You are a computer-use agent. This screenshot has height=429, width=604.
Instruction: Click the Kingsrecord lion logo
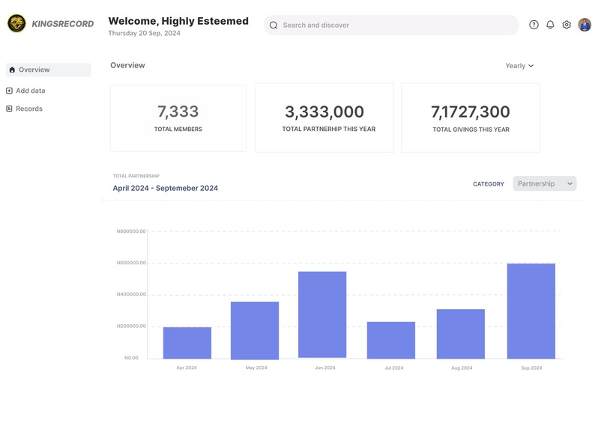coord(16,24)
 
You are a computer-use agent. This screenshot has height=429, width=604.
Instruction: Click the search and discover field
coord(391,25)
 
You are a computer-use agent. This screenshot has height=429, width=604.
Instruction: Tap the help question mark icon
coord(534,25)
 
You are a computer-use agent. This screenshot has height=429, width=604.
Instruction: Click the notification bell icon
coord(550,25)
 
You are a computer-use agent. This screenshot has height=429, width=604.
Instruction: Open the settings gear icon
coord(567,25)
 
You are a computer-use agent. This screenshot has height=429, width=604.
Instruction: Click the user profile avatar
coord(585,25)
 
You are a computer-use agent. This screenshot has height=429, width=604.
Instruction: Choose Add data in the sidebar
coord(30,91)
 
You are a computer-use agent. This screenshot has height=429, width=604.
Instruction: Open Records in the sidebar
coord(28,109)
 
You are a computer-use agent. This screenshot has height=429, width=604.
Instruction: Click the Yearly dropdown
coord(519,66)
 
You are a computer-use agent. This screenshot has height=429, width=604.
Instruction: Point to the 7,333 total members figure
coord(178,112)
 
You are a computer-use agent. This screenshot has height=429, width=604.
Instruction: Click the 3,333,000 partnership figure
coord(324,112)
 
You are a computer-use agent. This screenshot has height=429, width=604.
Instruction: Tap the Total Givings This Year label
coord(471,130)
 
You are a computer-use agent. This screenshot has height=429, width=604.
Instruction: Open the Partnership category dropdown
coord(545,183)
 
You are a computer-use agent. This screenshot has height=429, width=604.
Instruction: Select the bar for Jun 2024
coord(322,314)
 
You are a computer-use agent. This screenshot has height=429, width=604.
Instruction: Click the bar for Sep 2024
coord(531,311)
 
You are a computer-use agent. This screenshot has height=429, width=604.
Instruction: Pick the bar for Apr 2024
coord(187,343)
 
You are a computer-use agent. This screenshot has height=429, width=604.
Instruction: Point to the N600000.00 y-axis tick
coord(131,263)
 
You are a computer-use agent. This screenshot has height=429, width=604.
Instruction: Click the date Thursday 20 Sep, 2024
coord(144,34)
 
